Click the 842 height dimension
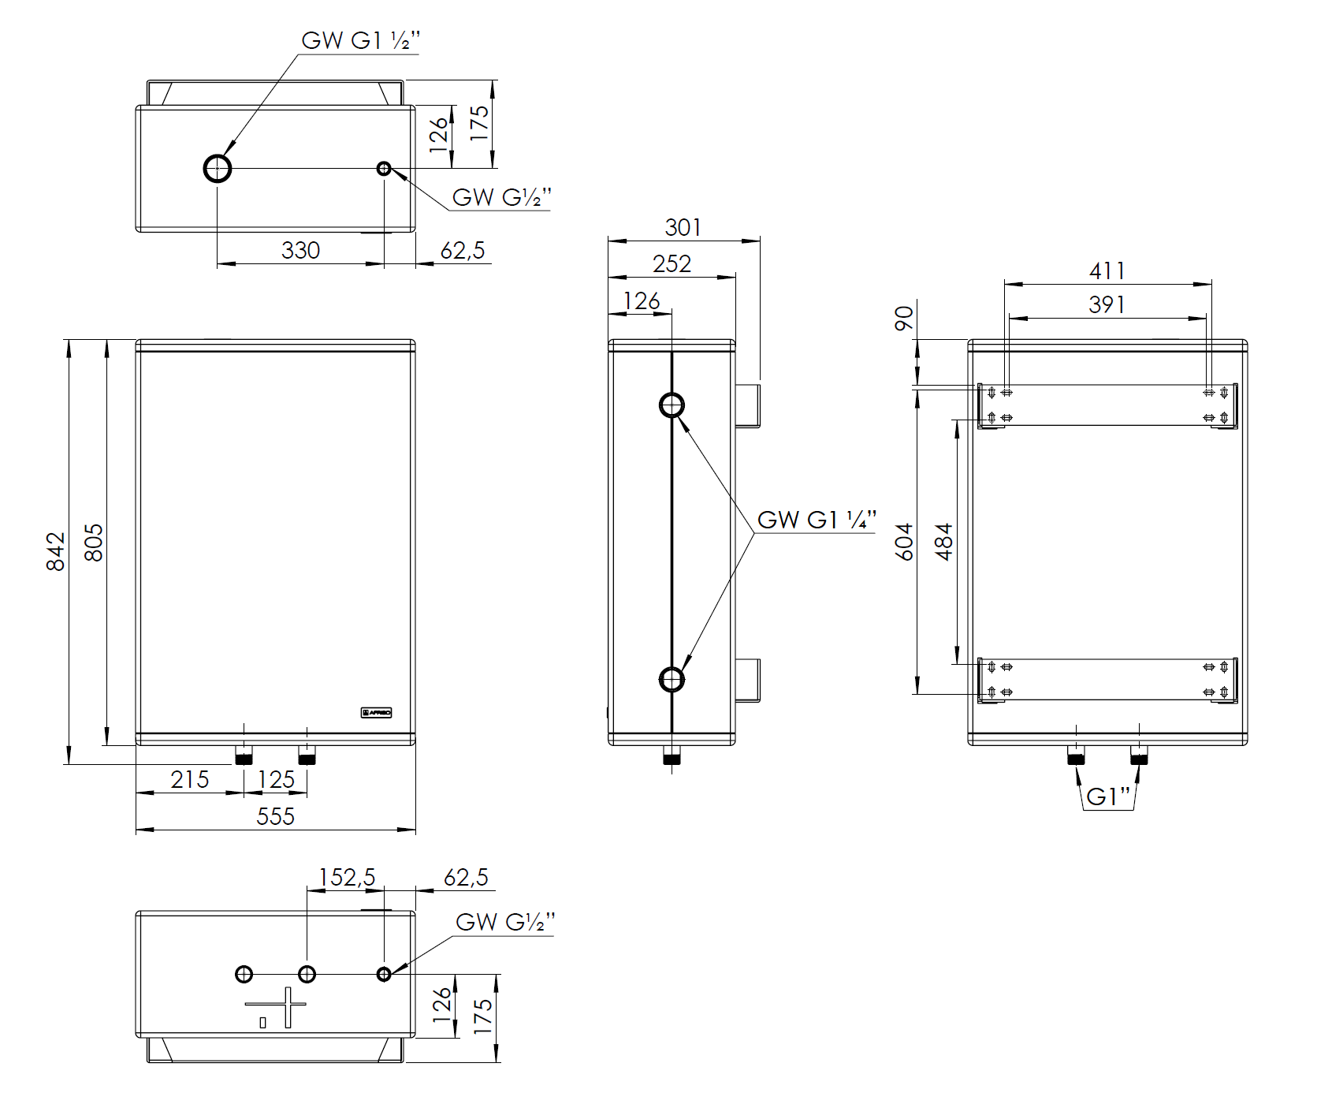pos(55,551)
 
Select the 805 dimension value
pos(93,543)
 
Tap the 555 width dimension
pos(275,816)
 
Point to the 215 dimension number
pos(190,779)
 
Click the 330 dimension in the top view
pos(300,250)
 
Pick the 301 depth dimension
pos(683,227)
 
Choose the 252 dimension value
pos(672,263)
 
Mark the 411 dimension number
pos(1107,270)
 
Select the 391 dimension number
pos(1107,304)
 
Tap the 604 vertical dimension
pos(904,541)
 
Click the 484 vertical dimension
pos(943,541)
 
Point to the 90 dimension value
pos(904,319)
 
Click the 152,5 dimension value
pos(346,877)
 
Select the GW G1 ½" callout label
pos(360,40)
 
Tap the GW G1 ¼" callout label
pos(816,520)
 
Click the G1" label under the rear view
pos(1107,796)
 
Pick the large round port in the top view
pos(218,168)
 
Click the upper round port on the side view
pos(672,405)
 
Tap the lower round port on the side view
pos(672,679)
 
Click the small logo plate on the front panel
pos(376,712)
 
